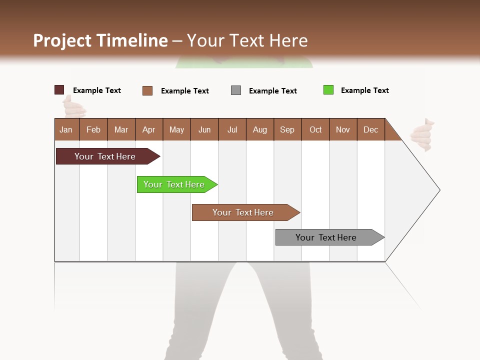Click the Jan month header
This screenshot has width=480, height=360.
pos(66,129)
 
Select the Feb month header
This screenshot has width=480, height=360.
pos(93,129)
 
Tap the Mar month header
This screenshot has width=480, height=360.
pos(121,129)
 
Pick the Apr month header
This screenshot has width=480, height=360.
pos(149,129)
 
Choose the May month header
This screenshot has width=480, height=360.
pos(176,129)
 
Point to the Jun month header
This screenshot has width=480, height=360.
pos(204,129)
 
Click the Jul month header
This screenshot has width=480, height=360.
pos(232,129)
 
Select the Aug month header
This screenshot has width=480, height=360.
pos(260,129)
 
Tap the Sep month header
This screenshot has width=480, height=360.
pos(287,129)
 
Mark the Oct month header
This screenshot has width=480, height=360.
pos(315,129)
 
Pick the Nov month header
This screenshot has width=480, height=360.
pos(343,129)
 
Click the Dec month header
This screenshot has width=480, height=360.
pos(371,129)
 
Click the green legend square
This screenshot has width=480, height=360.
pos(328,90)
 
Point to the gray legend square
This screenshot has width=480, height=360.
pos(236,90)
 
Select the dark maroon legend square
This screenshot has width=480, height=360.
pos(59,90)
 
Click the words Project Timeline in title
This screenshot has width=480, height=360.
pos(100,40)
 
